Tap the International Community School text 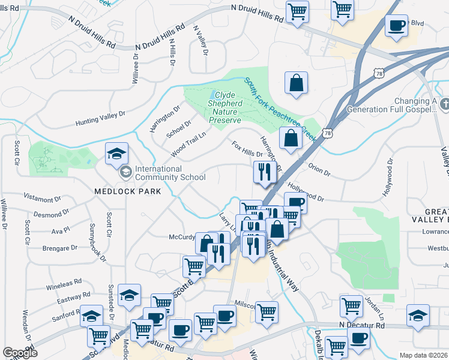pyautogui.click(x=170, y=173)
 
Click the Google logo pyautogui.click(x=20, y=353)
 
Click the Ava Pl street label pyautogui.click(x=61, y=230)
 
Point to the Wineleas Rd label pyautogui.click(x=64, y=283)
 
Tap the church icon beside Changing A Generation pyautogui.click(x=444, y=106)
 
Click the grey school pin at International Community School pyautogui.click(x=125, y=173)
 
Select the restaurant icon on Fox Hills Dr pyautogui.click(x=264, y=172)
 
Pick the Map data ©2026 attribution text pyautogui.click(x=424, y=355)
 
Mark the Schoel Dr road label pyautogui.click(x=178, y=128)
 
